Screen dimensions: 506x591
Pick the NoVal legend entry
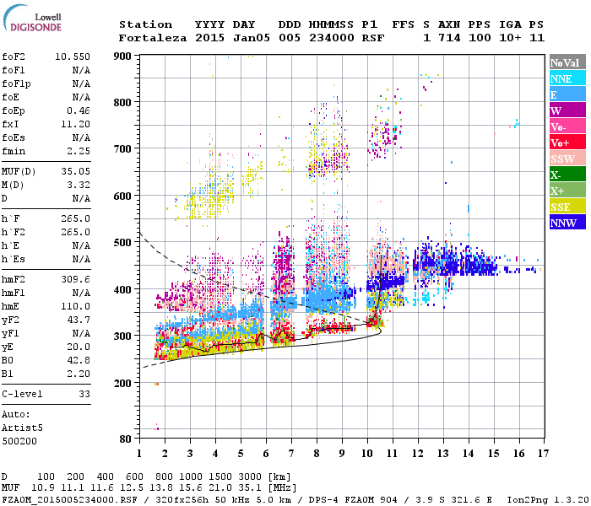click(566, 62)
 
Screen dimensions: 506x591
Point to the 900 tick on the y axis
click(123, 56)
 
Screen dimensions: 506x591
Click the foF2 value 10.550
click(73, 56)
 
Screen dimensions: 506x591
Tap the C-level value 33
click(84, 393)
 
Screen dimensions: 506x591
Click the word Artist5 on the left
click(23, 428)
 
